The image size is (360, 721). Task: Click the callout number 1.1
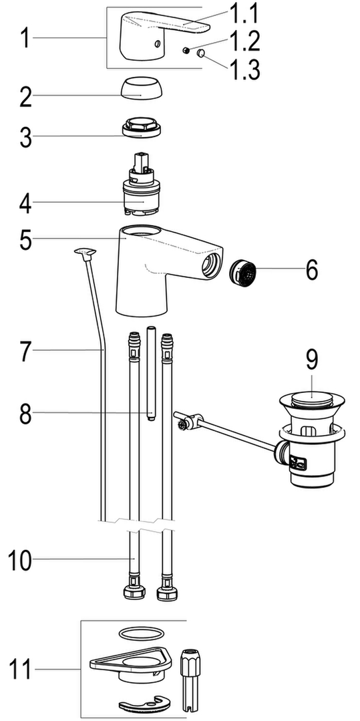(x=243, y=14)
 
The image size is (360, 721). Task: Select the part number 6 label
(x=311, y=271)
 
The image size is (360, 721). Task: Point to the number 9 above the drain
(x=312, y=360)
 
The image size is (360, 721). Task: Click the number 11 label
(x=21, y=670)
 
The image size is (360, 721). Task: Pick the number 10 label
(x=20, y=561)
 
